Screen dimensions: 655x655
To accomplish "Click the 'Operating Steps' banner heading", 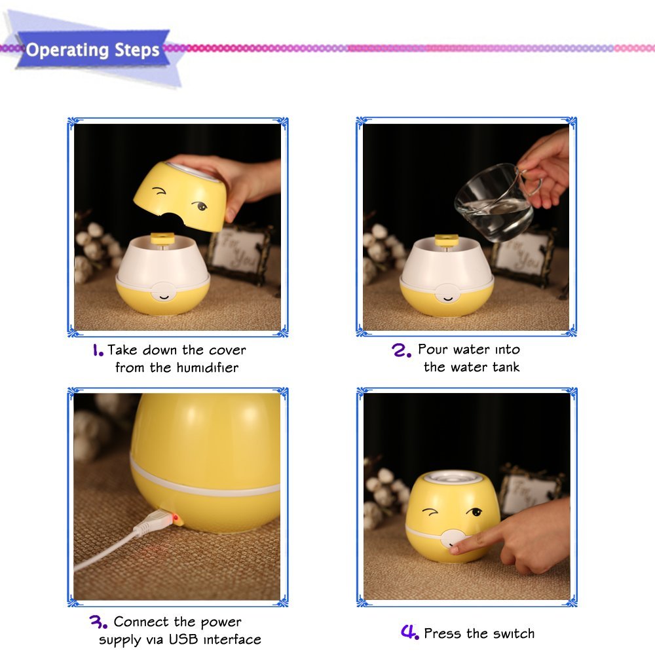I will pos(92,50).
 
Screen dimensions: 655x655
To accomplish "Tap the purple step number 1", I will pos(98,350).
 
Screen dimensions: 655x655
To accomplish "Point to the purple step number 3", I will pos(99,622).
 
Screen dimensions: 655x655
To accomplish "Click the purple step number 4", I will pos(409,633).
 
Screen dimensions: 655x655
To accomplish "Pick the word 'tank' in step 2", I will pos(504,367).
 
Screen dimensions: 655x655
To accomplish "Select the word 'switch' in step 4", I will pos(512,633).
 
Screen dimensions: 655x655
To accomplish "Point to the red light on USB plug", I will pos(176,520).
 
